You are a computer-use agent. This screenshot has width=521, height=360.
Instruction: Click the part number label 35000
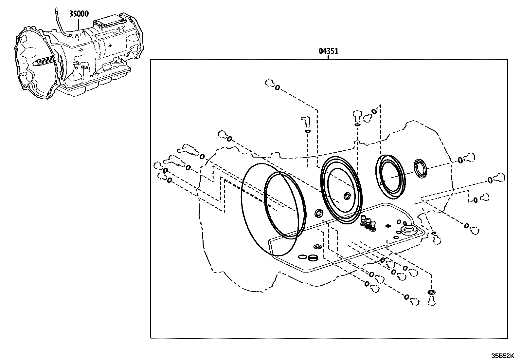pyautogui.click(x=79, y=14)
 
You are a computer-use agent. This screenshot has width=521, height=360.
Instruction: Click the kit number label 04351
pyautogui.click(x=328, y=51)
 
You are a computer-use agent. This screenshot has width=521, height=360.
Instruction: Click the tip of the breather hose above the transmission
pyautogui.click(x=56, y=9)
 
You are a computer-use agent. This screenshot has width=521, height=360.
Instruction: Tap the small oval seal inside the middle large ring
pyautogui.click(x=347, y=196)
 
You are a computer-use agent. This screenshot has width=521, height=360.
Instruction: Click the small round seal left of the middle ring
pyautogui.click(x=319, y=214)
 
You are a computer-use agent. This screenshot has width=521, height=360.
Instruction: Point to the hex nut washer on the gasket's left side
pyautogui.click(x=317, y=246)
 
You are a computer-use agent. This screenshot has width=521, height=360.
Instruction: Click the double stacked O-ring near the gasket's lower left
pyautogui.click(x=313, y=258)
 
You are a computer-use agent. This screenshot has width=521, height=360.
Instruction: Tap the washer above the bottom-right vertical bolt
pyautogui.click(x=432, y=292)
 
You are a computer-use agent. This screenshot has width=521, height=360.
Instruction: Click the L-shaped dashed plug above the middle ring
pyautogui.click(x=305, y=121)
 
